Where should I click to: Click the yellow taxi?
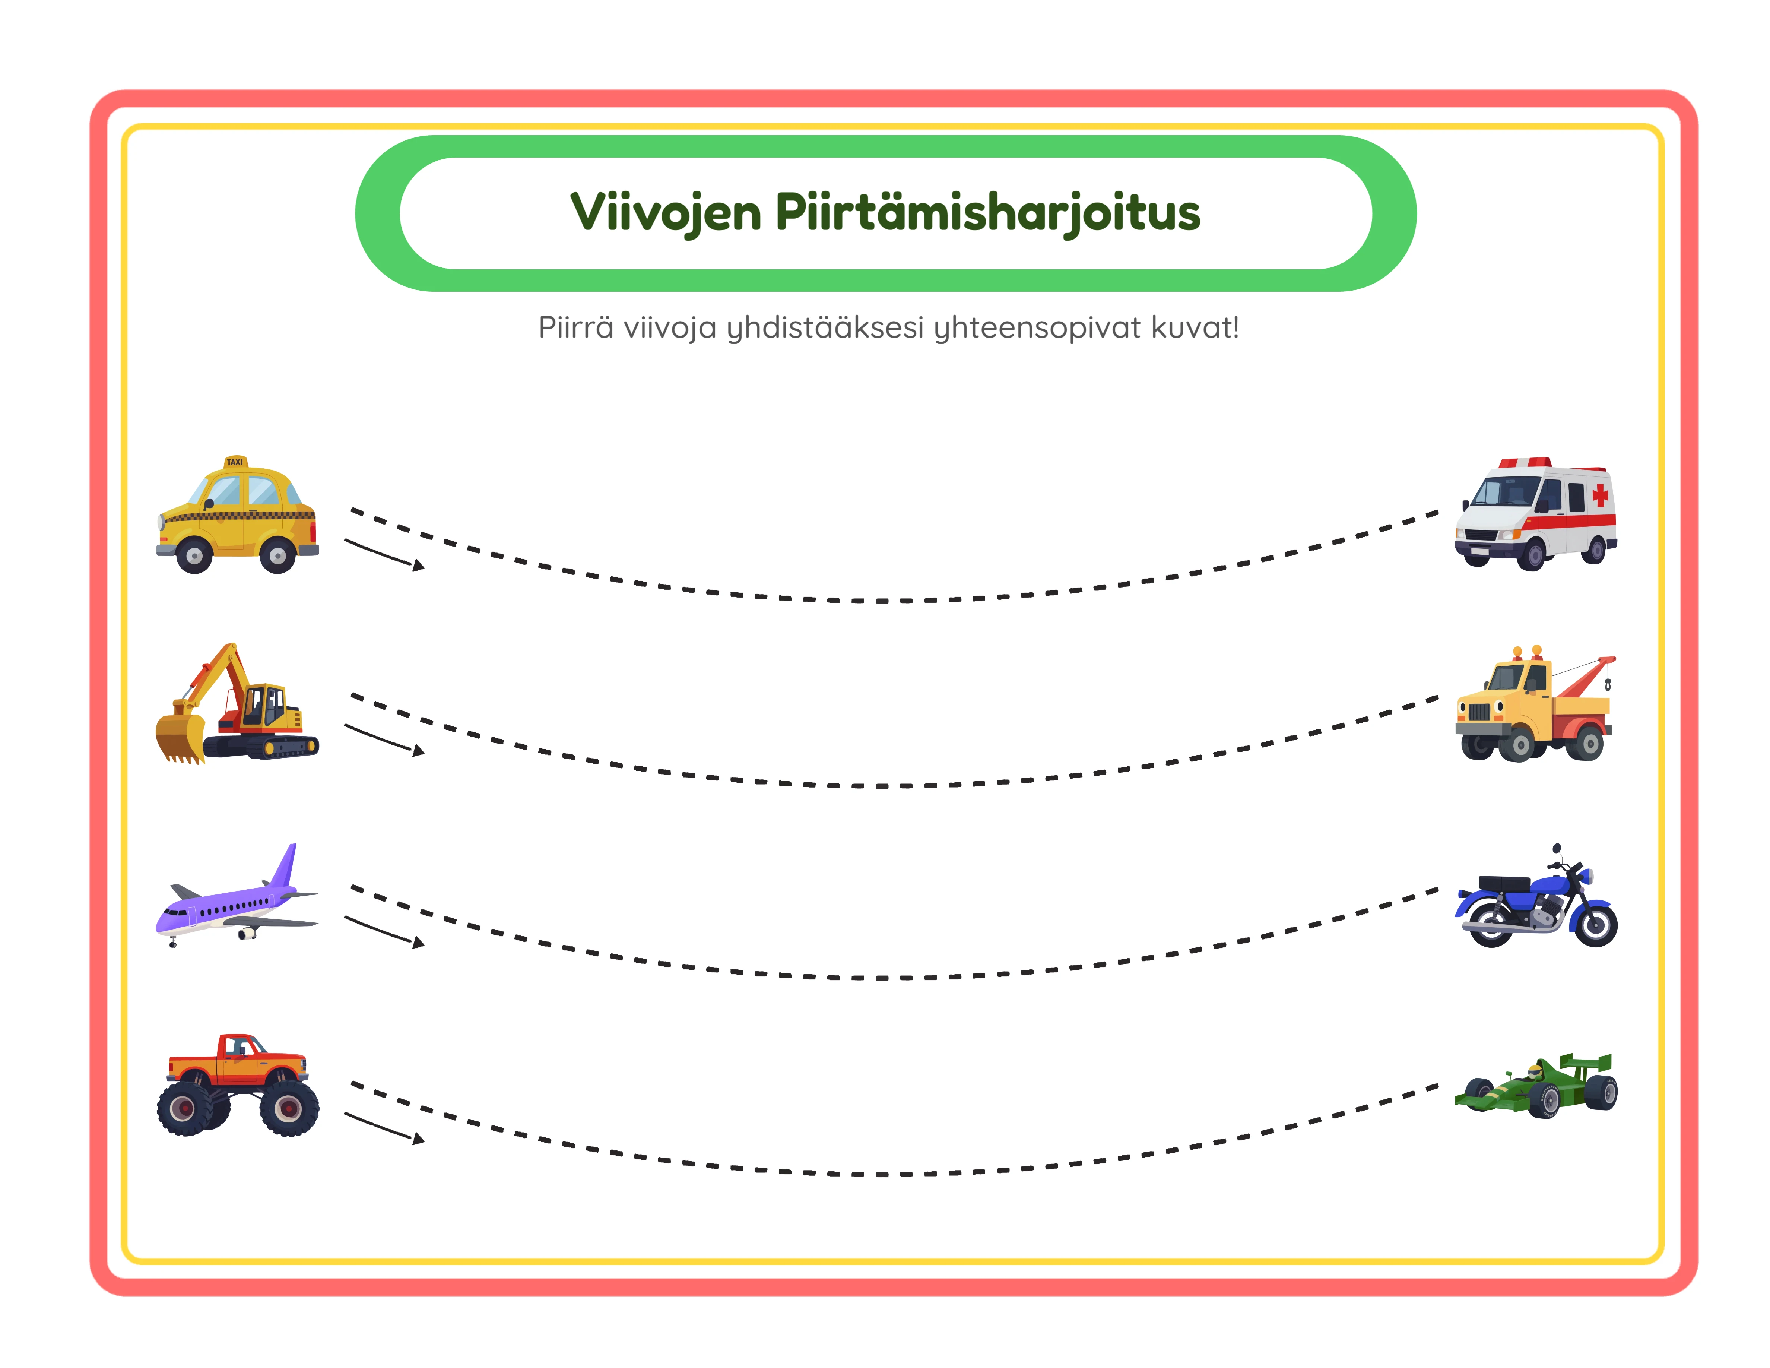click(x=237, y=519)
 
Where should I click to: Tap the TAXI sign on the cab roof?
click(x=234, y=462)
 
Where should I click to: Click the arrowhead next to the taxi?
click(x=418, y=566)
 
